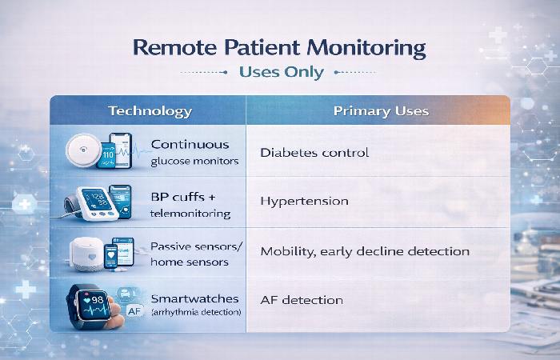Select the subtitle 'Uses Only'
click(281, 72)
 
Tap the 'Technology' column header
click(150, 111)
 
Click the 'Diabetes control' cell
click(314, 152)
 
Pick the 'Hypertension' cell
click(304, 201)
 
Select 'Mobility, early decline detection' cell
click(365, 251)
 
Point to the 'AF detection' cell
click(302, 300)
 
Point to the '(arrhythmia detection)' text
click(196, 310)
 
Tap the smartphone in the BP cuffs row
click(119, 201)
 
